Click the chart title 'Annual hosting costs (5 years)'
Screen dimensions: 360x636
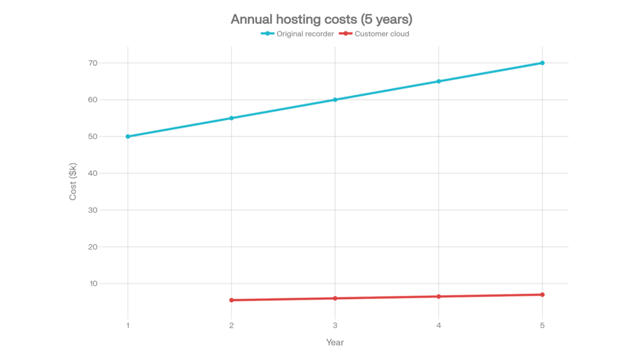pyautogui.click(x=321, y=19)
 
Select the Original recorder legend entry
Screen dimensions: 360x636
pyautogui.click(x=298, y=34)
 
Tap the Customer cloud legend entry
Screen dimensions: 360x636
pyautogui.click(x=375, y=34)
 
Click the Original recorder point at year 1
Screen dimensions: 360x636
pyautogui.click(x=128, y=136)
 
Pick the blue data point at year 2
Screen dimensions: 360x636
pyautogui.click(x=232, y=118)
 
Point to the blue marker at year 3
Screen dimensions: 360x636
pyautogui.click(x=335, y=100)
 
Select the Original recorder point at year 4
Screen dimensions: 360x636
pyautogui.click(x=439, y=82)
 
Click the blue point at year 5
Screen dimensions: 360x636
pyautogui.click(x=542, y=63)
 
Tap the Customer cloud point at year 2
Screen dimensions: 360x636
pyautogui.click(x=232, y=300)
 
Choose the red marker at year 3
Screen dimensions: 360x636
pyautogui.click(x=335, y=298)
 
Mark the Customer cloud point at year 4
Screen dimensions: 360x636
pyautogui.click(x=439, y=297)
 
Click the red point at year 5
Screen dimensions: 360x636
pyautogui.click(x=542, y=295)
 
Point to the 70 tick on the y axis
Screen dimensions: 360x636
pyautogui.click(x=93, y=63)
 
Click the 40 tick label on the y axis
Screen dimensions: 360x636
pyautogui.click(x=93, y=173)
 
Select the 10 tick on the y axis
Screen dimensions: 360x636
pyautogui.click(x=93, y=284)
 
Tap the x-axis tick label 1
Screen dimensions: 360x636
pyautogui.click(x=128, y=325)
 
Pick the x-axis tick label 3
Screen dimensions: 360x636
pyautogui.click(x=335, y=325)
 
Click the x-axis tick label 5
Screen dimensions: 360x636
pyautogui.click(x=542, y=325)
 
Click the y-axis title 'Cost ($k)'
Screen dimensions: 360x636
pyautogui.click(x=73, y=182)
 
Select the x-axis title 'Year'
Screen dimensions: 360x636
pyautogui.click(x=335, y=342)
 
